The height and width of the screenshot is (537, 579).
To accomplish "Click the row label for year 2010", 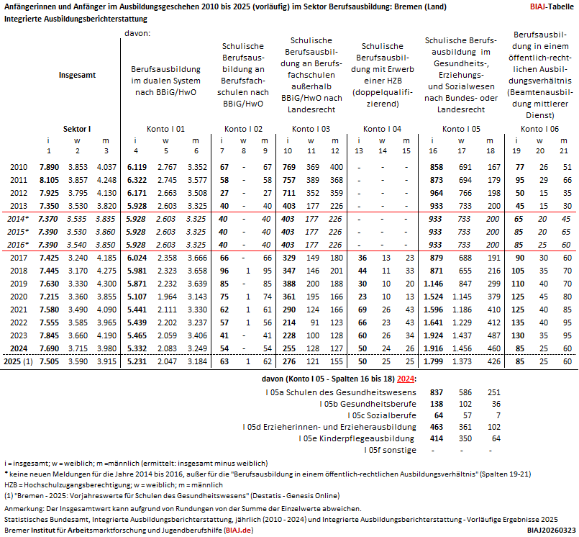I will tap(19, 167).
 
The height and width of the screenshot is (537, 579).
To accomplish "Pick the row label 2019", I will tap(19, 284).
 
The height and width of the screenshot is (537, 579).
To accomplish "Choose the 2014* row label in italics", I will tap(19, 219).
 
